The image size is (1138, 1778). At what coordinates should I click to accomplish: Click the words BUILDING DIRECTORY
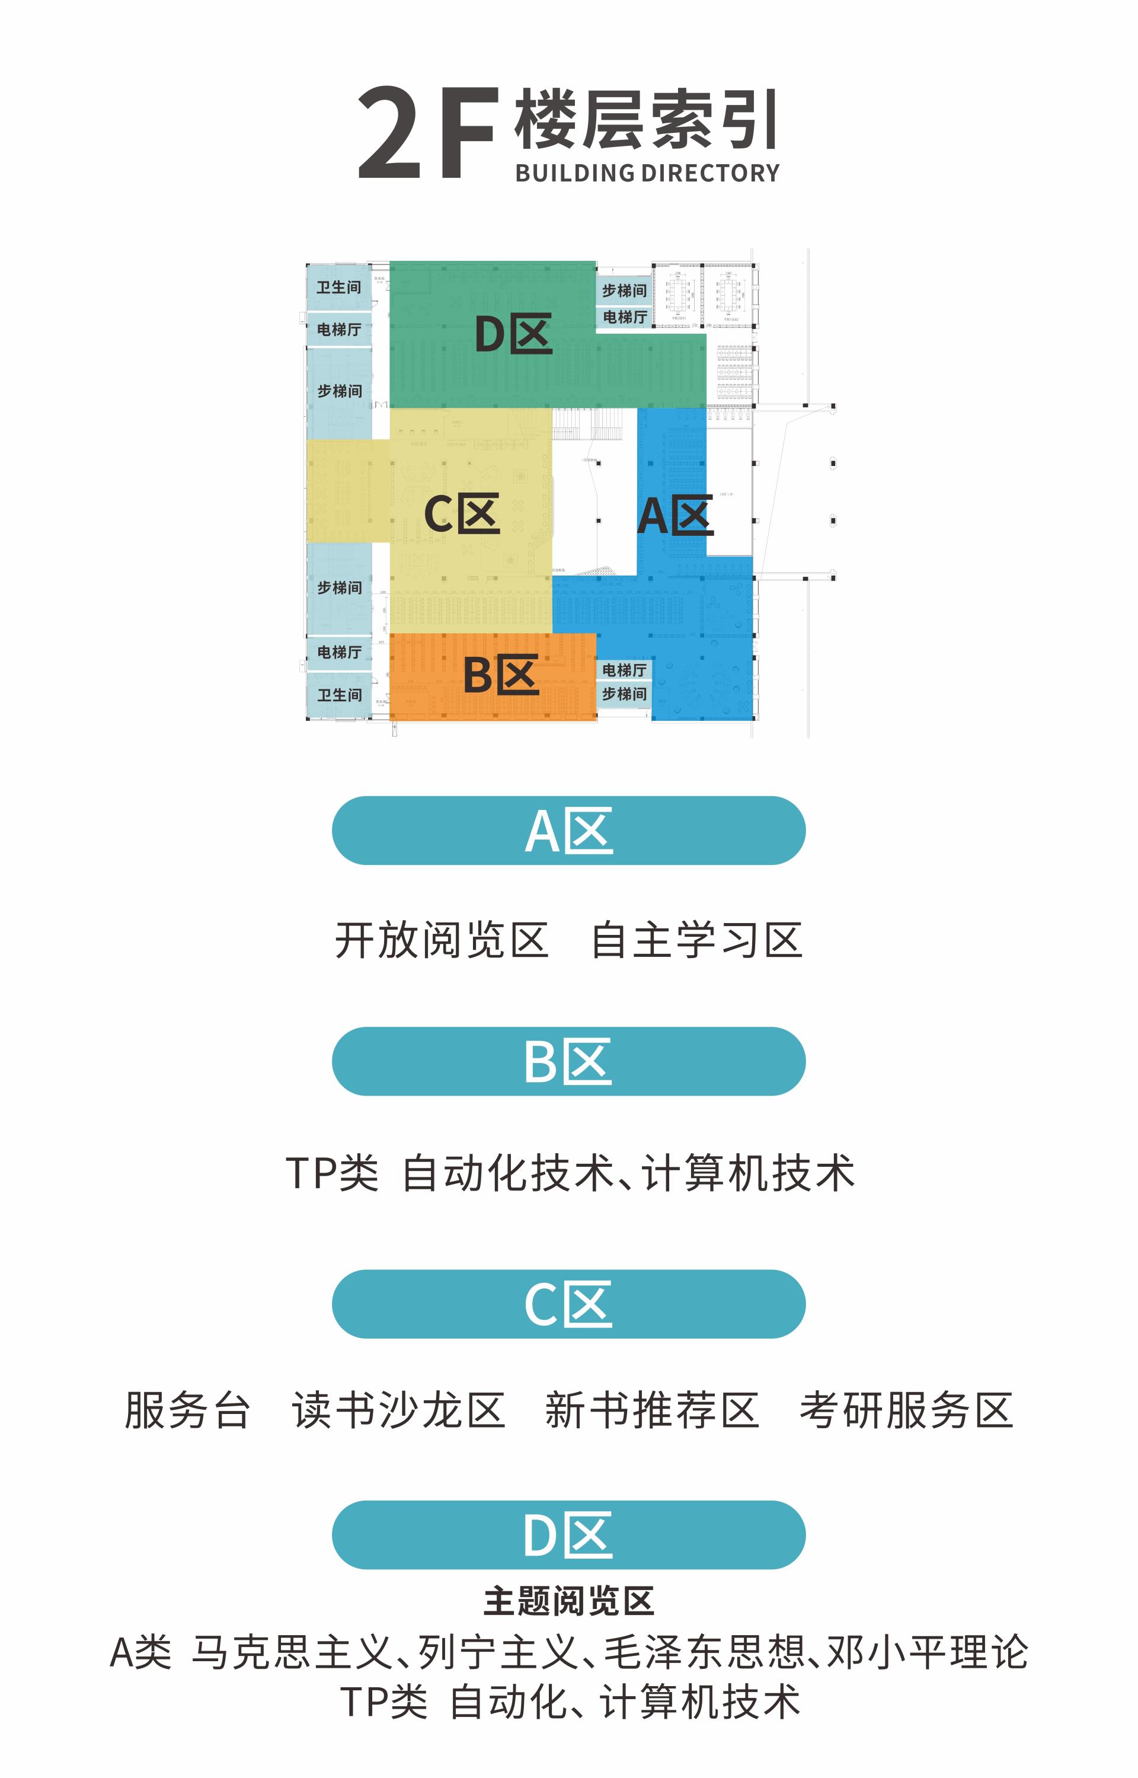coord(647,173)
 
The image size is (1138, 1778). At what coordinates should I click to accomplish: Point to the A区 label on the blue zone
coord(675,516)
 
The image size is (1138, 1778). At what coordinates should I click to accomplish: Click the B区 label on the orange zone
coord(501,675)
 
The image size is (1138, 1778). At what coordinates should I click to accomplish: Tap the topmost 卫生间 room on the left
coord(339,287)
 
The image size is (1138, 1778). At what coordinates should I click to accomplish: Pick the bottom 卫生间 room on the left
coord(339,695)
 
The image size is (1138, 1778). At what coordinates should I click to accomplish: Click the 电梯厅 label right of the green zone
coord(625,317)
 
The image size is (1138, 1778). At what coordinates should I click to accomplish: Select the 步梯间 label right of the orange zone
coord(625,694)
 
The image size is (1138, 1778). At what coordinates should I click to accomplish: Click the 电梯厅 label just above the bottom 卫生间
coord(339,652)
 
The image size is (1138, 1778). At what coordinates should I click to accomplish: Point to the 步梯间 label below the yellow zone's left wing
coord(339,588)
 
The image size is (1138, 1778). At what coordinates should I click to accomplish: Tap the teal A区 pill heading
coord(568,831)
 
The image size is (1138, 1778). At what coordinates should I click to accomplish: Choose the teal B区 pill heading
coord(568,1061)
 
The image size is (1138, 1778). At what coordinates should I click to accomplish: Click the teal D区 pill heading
coord(568,1535)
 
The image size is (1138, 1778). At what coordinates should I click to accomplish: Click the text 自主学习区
coord(697,941)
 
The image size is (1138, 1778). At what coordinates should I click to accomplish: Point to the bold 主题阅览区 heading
coord(568,1600)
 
